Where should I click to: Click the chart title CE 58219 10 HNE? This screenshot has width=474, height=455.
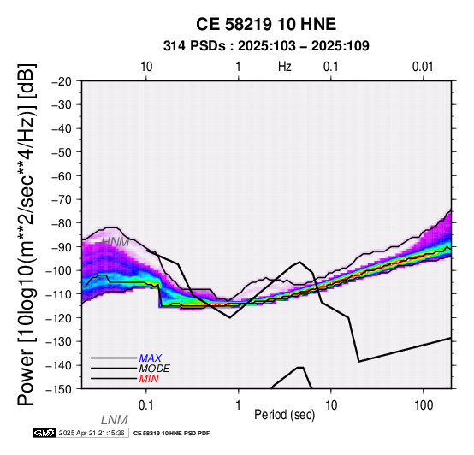(x=266, y=24)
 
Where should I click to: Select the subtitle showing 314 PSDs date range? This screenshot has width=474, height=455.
(x=266, y=46)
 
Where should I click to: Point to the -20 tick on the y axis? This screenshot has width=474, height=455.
(x=62, y=81)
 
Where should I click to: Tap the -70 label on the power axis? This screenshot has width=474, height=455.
(x=62, y=199)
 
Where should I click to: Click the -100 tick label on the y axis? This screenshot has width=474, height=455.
(x=58, y=270)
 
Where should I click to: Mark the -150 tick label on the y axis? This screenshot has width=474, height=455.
(x=58, y=389)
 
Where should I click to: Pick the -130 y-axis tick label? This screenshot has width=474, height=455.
(x=58, y=341)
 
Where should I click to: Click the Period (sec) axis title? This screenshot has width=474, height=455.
(x=284, y=415)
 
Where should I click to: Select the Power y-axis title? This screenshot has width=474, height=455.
(x=27, y=234)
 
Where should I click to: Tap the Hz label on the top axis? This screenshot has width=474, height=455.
(x=284, y=67)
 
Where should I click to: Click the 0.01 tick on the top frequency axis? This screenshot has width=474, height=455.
(x=423, y=67)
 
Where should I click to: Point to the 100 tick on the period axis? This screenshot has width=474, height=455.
(x=424, y=405)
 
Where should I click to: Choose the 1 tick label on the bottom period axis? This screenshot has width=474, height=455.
(x=239, y=405)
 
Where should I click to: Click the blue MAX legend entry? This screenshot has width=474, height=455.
(x=151, y=358)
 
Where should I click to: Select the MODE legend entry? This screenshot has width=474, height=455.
(x=155, y=369)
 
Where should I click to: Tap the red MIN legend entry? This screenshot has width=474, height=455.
(x=149, y=379)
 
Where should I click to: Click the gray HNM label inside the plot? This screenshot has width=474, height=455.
(x=116, y=242)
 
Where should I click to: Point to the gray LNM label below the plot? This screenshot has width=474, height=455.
(x=115, y=420)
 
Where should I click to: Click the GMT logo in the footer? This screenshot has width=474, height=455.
(x=44, y=433)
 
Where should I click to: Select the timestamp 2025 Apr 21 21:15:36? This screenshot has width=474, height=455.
(x=92, y=433)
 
